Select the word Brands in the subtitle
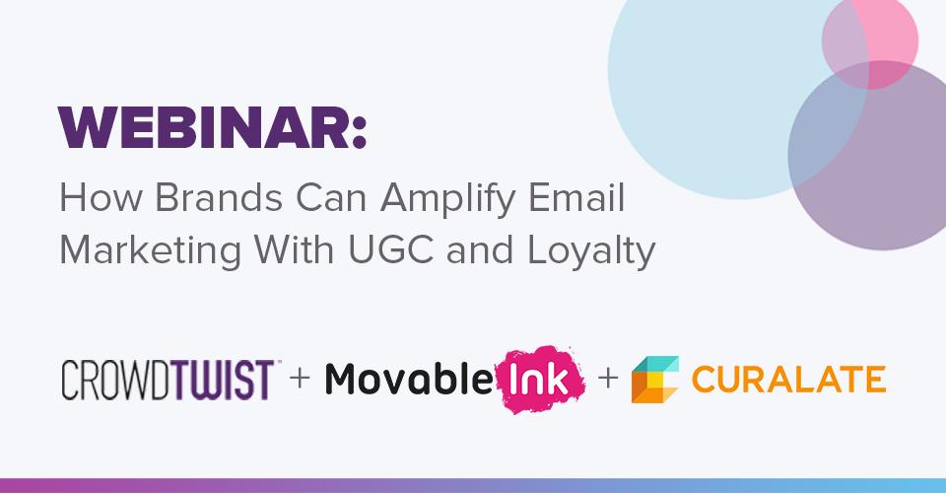point(219,197)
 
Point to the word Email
point(576,197)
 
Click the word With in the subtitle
point(294,249)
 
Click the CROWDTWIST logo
point(168,380)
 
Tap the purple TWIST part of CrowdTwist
point(220,380)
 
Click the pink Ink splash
point(540,380)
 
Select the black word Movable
point(409,379)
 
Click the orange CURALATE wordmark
point(788,380)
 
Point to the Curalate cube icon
point(655,380)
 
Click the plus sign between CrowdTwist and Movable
point(300,378)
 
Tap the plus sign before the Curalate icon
point(608,378)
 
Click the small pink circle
point(870,41)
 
